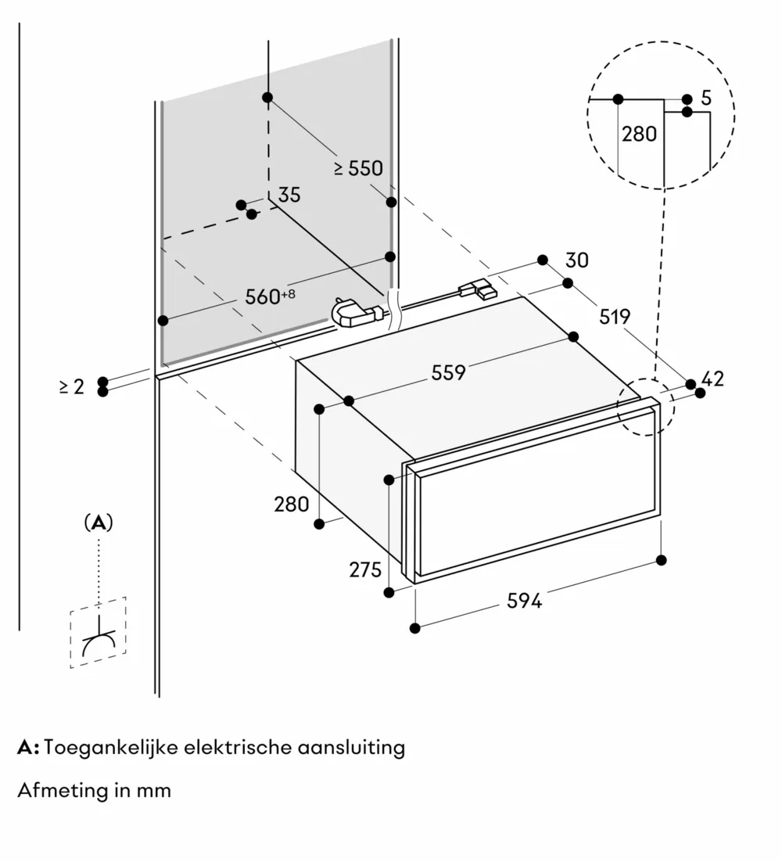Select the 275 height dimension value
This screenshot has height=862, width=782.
(364, 569)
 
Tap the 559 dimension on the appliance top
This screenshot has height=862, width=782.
(448, 372)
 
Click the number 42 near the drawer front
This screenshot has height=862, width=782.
(712, 379)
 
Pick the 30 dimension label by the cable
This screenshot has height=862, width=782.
(577, 260)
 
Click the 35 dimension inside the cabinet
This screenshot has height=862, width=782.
(289, 195)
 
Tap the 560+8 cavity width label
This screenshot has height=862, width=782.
(268, 296)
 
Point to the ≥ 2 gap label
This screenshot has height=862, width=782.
(71, 386)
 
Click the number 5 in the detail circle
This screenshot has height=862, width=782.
(706, 99)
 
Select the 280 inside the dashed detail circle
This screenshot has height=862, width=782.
(639, 134)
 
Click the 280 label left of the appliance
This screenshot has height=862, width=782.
(291, 504)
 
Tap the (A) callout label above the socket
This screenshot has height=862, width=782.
(99, 523)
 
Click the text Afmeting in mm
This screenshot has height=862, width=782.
(94, 790)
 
